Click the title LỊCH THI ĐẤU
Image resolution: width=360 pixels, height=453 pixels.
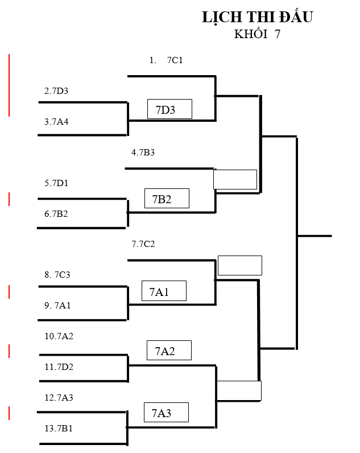[x=257, y=18]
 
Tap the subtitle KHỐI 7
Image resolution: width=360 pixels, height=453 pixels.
[x=257, y=34]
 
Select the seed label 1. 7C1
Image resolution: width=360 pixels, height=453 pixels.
[x=166, y=60]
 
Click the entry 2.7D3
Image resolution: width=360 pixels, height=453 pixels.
[x=56, y=91]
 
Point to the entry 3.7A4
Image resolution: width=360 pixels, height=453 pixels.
[x=56, y=122]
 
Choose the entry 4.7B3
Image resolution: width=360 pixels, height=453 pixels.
[x=143, y=153]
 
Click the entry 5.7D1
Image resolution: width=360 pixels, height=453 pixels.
[x=56, y=183]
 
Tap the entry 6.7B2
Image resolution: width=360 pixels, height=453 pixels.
[x=56, y=214]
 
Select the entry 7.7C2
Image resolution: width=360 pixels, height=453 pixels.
[x=143, y=245]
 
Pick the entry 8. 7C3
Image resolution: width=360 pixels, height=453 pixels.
[x=57, y=275]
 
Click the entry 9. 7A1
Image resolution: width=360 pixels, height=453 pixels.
[x=57, y=306]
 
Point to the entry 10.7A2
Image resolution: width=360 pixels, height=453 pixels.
[x=59, y=336]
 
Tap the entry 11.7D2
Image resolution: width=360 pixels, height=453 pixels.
[x=59, y=367]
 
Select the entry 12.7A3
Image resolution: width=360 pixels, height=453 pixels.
[x=59, y=398]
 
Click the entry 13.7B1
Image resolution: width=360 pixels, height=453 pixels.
[x=59, y=429]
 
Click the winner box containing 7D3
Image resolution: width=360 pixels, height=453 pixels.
[x=169, y=109]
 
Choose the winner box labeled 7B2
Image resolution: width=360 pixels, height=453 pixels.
[x=167, y=199]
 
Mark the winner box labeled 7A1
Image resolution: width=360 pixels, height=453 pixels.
[x=164, y=291]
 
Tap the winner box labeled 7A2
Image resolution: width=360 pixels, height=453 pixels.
[x=169, y=351]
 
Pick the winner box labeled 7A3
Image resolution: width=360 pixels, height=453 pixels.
[x=165, y=413]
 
